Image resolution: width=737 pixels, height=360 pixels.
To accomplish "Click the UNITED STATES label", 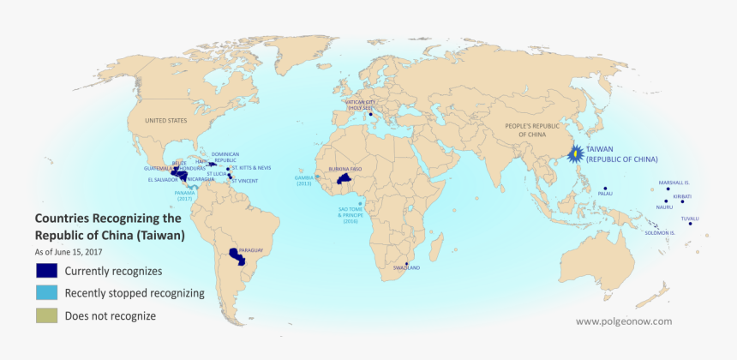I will [x=166, y=122].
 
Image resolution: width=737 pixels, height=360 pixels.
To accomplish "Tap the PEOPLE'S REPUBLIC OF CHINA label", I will [x=525, y=130].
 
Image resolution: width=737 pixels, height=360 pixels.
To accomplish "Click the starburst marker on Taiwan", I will [x=576, y=154].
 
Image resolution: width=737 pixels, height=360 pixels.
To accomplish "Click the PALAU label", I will [x=605, y=195].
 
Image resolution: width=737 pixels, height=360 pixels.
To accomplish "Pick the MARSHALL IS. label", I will [x=674, y=183].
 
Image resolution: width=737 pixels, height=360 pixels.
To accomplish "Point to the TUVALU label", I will [x=690, y=219].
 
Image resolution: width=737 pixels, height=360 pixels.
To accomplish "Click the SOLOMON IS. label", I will [x=661, y=232].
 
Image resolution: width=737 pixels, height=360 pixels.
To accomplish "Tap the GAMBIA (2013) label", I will [x=304, y=181].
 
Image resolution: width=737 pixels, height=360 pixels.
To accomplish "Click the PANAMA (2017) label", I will [x=185, y=195].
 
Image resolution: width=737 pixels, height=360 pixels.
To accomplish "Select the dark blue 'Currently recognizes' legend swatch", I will [x=46, y=270].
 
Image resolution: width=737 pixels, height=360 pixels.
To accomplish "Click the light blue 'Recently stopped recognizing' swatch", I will [x=46, y=293].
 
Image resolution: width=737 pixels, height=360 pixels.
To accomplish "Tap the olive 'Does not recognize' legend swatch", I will [x=46, y=316].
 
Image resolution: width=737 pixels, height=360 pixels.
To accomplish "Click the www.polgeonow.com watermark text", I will [x=624, y=321].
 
